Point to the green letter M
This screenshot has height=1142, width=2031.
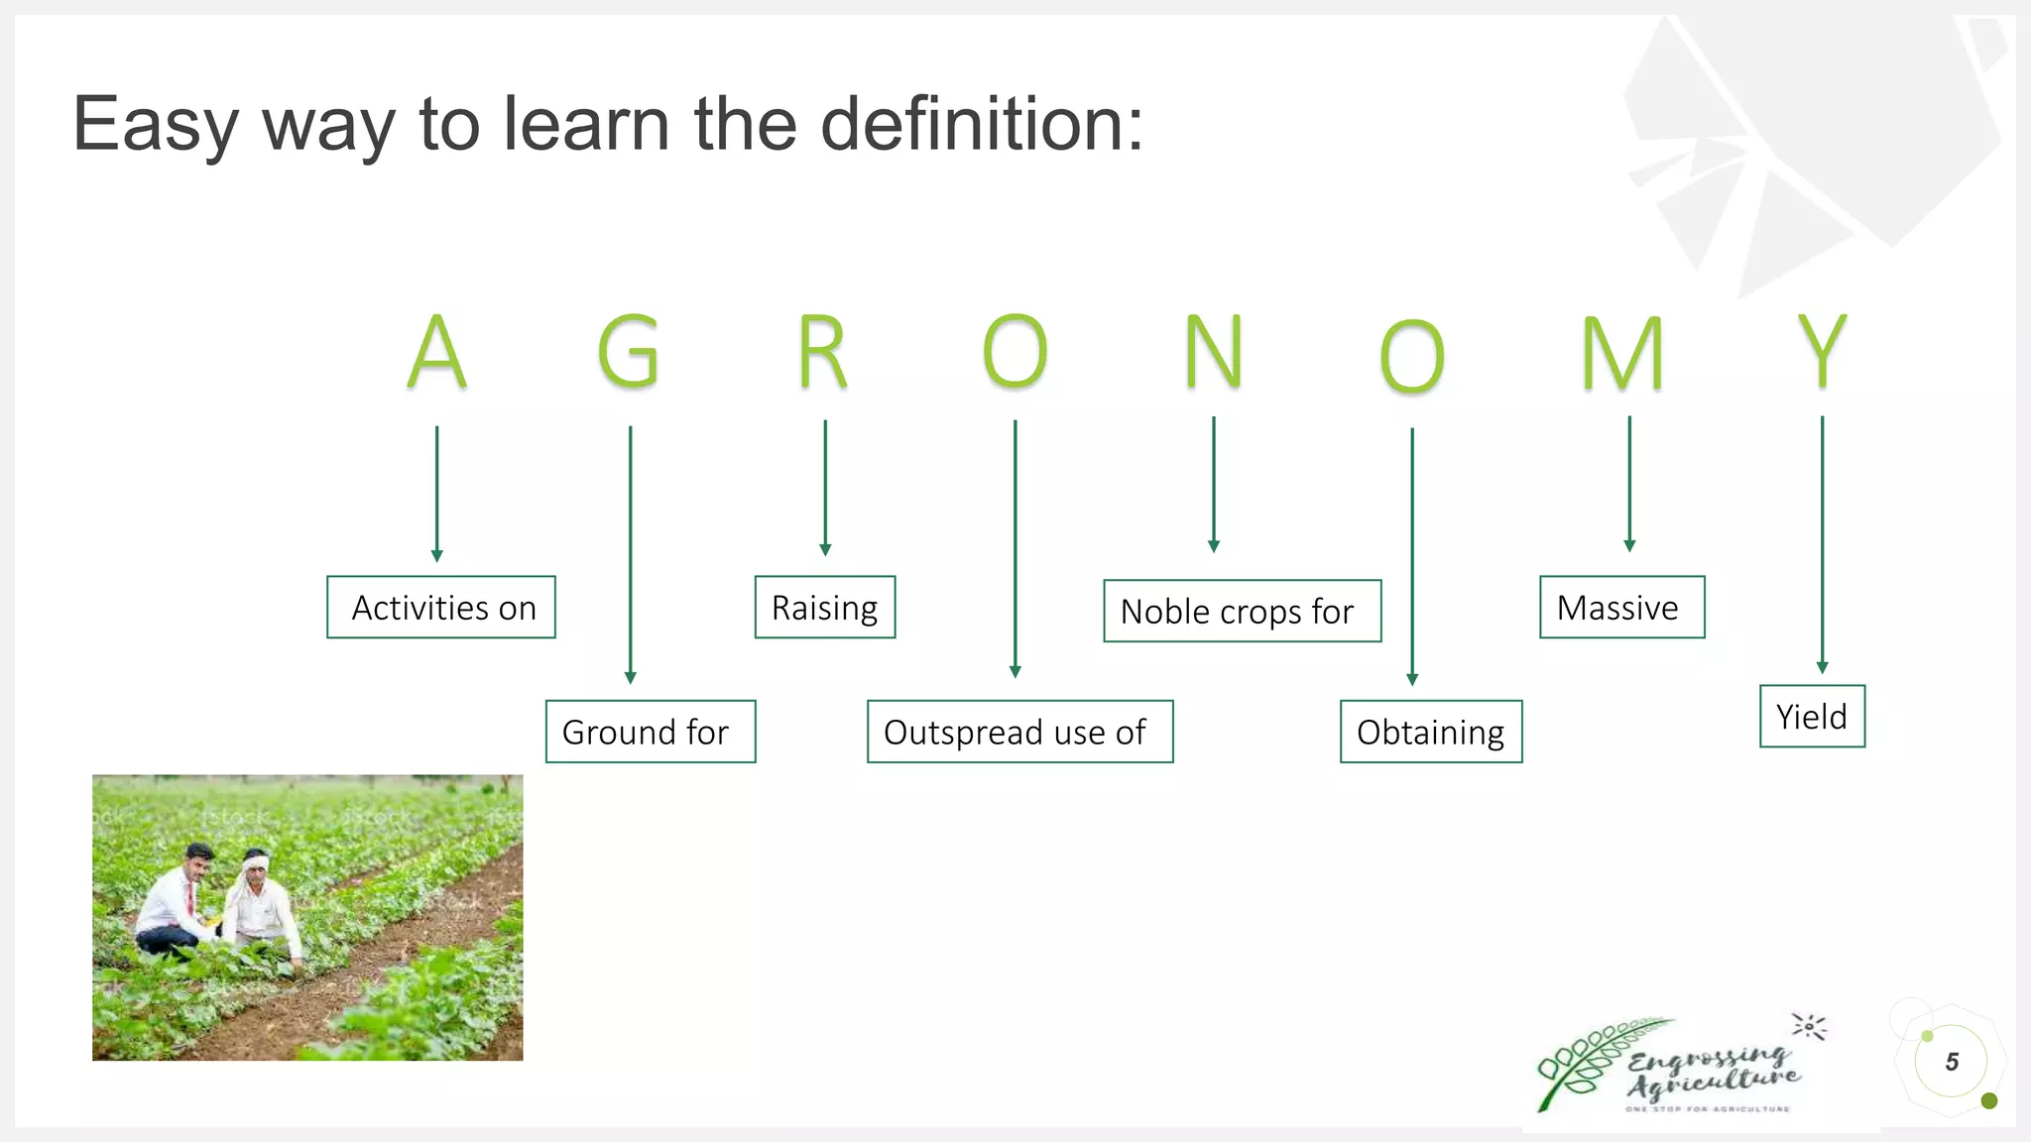1622,354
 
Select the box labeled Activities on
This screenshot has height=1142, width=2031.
441,607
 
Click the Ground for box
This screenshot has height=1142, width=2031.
651,732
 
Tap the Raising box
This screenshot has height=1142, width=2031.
825,607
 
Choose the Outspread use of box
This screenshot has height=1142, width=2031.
1019,732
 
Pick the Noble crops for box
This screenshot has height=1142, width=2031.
1242,611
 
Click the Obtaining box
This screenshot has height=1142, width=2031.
1431,732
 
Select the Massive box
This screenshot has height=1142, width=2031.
1621,607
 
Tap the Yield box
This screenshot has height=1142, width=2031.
1812,716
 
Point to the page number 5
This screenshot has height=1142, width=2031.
1952,1062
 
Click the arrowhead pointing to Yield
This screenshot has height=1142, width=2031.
1822,667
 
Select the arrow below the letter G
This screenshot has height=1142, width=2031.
630,555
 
